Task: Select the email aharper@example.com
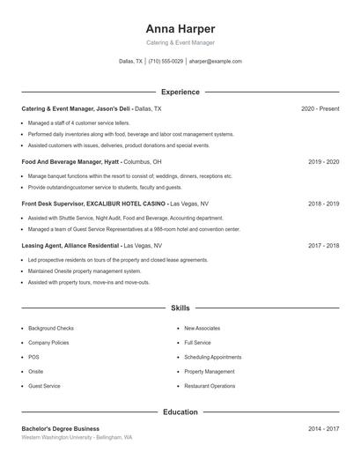(215, 62)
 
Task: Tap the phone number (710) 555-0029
(166, 62)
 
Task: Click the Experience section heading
(180, 92)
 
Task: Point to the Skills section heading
(180, 308)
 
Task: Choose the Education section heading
(180, 411)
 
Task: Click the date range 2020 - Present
(320, 108)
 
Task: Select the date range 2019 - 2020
(323, 162)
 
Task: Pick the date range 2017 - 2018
(323, 246)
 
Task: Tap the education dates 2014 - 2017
(323, 428)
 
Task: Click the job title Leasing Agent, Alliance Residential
(70, 246)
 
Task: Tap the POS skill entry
(33, 357)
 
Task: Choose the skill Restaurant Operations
(210, 386)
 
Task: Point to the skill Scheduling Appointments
(212, 357)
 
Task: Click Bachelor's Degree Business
(60, 428)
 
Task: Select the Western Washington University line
(77, 437)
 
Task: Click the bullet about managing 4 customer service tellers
(79, 123)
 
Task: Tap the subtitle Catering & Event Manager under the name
(180, 42)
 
